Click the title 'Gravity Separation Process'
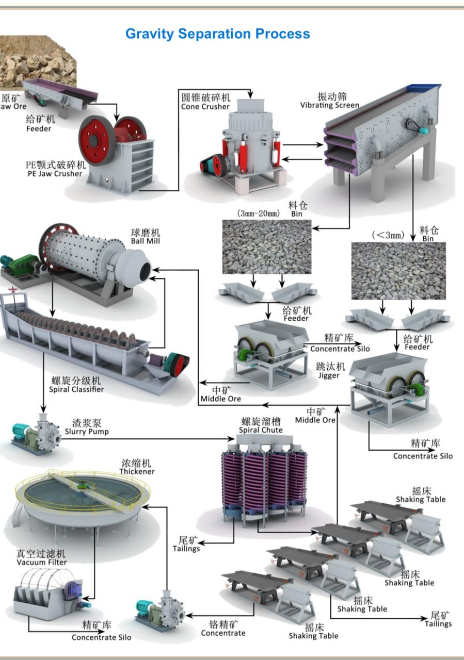click(217, 34)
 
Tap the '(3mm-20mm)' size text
click(258, 213)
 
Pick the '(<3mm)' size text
click(388, 235)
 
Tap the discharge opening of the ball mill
click(145, 268)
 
